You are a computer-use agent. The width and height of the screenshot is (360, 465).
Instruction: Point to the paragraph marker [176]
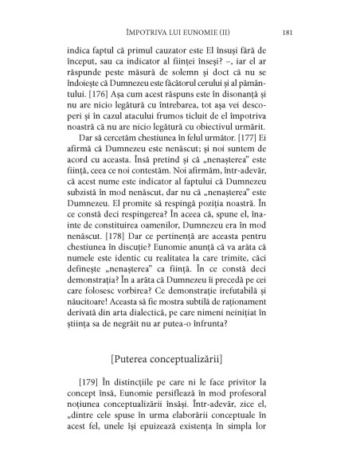[x=100, y=115]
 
